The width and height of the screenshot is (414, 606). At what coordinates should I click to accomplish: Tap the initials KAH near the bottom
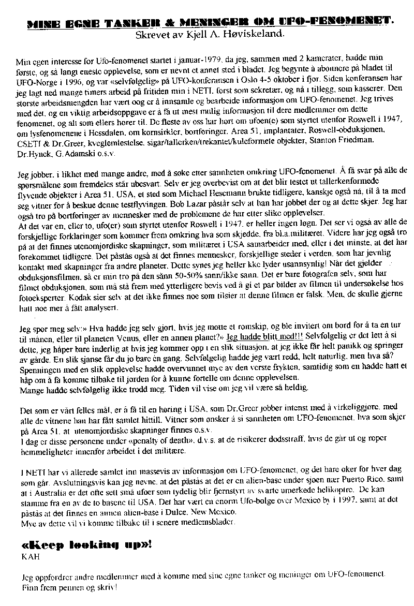click(28, 558)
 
